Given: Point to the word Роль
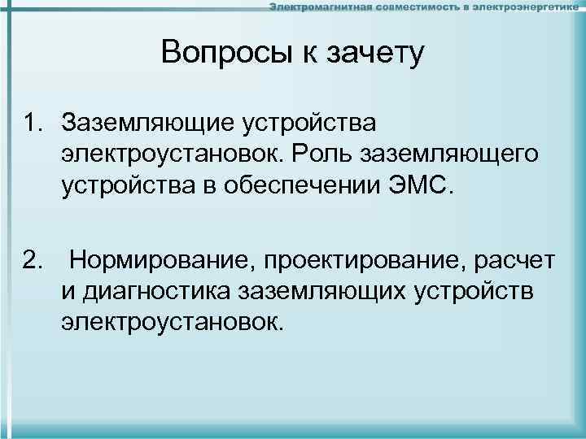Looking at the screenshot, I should [329, 154].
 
